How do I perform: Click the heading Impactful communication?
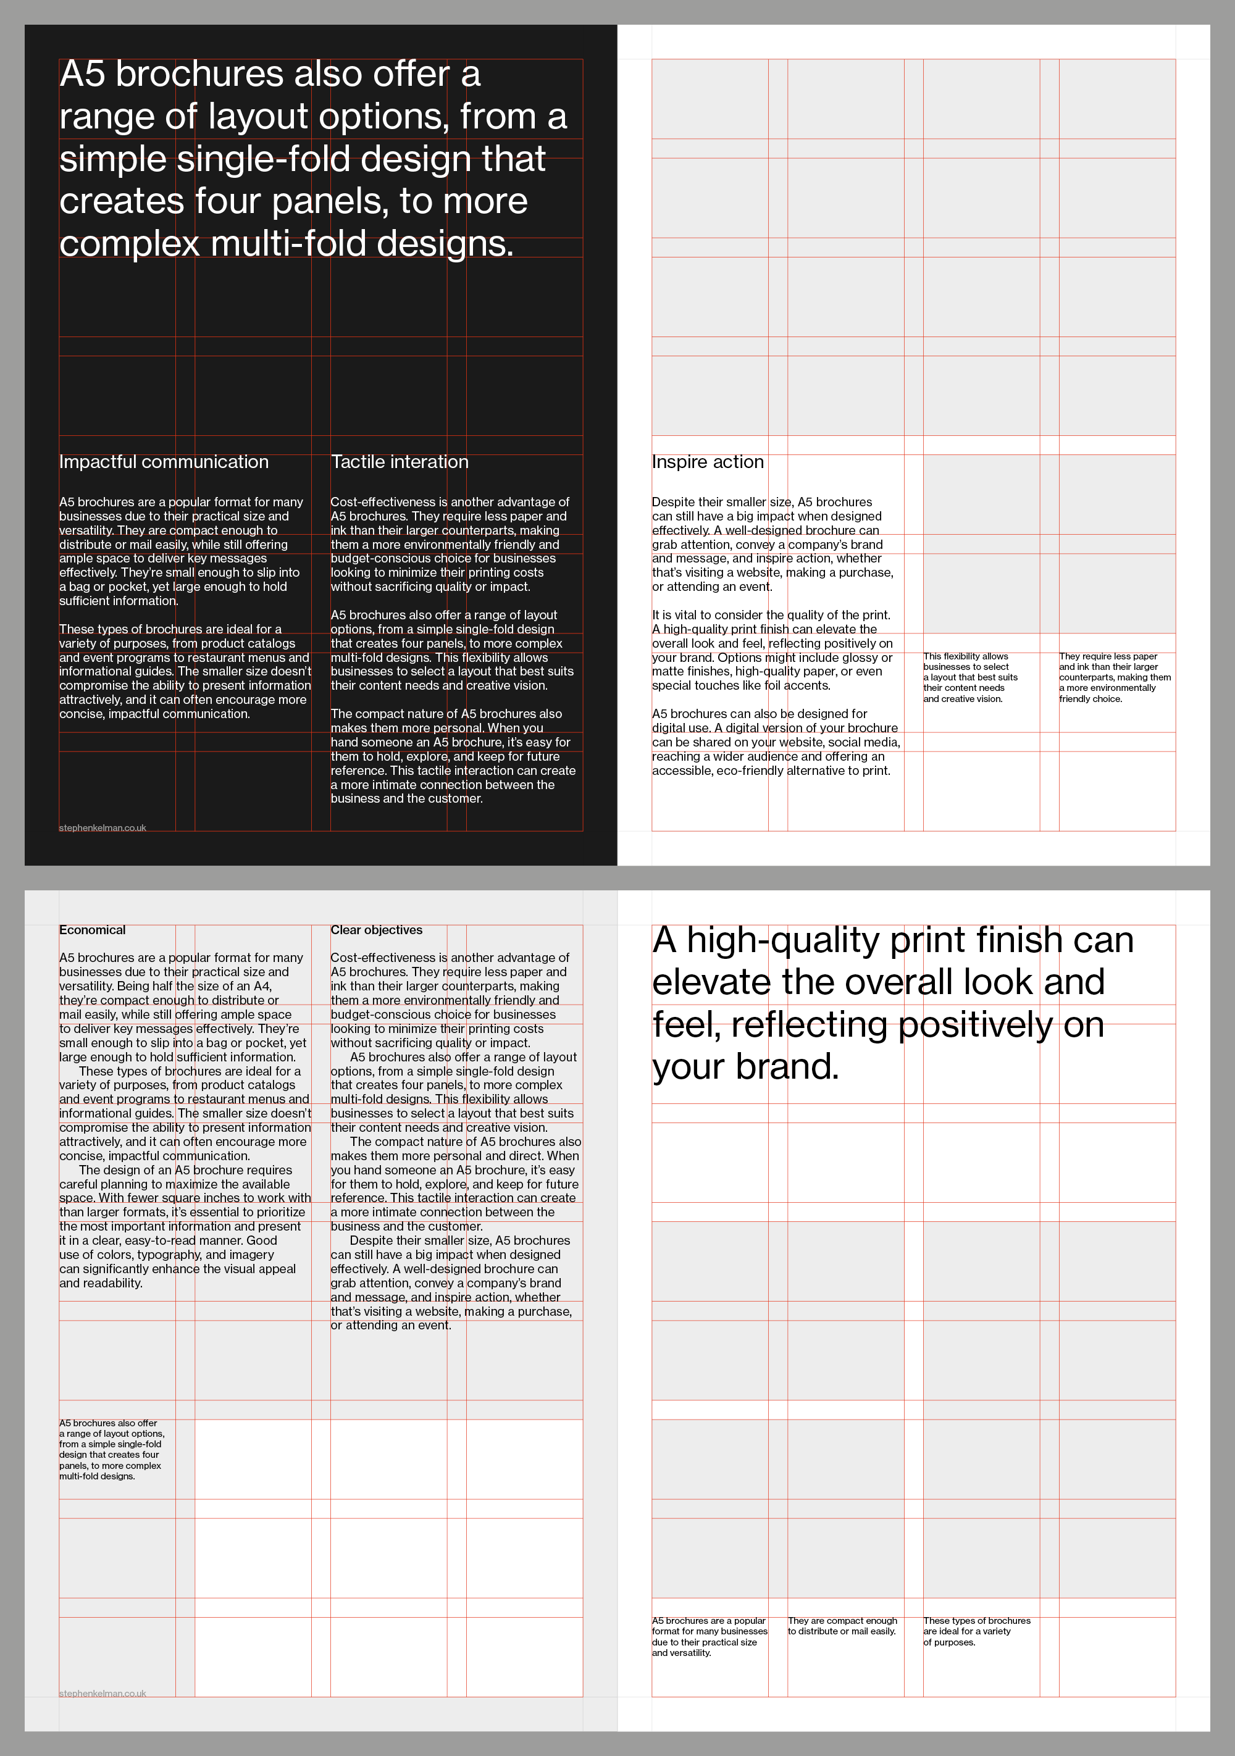[164, 462]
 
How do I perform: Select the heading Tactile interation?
[399, 462]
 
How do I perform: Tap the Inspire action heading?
[708, 462]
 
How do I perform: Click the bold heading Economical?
[92, 930]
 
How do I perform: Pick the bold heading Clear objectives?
[376, 930]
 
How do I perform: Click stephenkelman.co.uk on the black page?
[103, 827]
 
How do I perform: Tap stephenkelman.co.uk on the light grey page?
[103, 1693]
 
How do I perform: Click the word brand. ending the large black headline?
[788, 1066]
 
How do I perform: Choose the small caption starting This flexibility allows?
[969, 677]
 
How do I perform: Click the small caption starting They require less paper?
[1114, 677]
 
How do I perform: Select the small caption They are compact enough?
[842, 1626]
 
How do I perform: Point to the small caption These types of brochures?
[976, 1631]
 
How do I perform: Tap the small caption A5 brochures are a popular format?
[709, 1637]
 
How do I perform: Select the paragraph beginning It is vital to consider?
[772, 650]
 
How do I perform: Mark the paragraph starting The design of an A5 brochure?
[184, 1226]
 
